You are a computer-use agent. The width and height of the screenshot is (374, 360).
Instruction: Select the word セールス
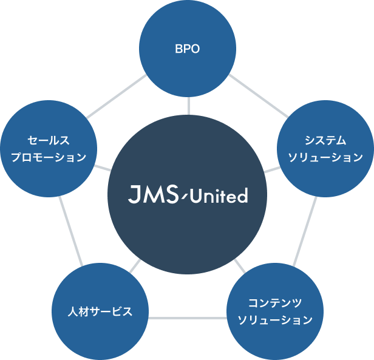click(x=49, y=141)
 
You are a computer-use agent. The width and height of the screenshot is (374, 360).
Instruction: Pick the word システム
click(x=325, y=141)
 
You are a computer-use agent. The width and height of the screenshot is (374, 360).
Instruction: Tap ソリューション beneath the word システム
click(x=325, y=158)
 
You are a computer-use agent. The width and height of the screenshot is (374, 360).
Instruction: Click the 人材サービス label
click(x=100, y=312)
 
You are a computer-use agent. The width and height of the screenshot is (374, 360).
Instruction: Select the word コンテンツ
click(x=275, y=302)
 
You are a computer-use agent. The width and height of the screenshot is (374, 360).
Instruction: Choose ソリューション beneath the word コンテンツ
click(x=275, y=319)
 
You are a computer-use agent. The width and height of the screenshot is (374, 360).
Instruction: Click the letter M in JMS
click(x=152, y=195)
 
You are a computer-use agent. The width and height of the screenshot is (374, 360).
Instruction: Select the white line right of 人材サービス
click(x=187, y=318)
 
